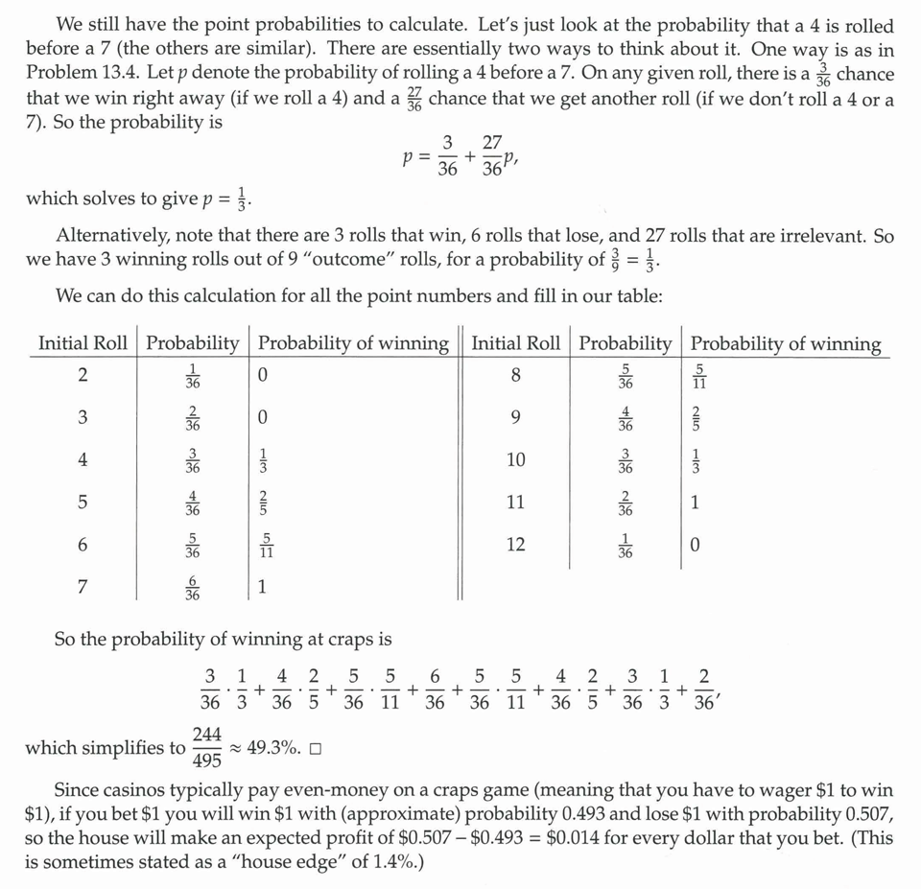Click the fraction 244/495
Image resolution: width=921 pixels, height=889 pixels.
(x=206, y=747)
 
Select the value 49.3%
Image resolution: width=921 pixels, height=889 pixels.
(x=273, y=748)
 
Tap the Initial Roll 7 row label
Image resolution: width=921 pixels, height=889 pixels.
(x=83, y=587)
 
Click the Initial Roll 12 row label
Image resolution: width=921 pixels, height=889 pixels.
(x=516, y=544)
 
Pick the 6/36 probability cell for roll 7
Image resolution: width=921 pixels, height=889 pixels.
(x=194, y=587)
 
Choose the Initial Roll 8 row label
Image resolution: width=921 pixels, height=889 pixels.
(x=516, y=375)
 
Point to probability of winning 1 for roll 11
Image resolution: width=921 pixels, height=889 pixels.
(x=695, y=502)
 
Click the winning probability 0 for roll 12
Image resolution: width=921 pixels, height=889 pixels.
(x=695, y=544)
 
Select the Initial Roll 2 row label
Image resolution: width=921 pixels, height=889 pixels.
(x=83, y=375)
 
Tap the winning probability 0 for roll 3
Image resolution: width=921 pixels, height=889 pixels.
(x=263, y=417)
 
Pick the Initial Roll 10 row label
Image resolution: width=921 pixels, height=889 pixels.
(x=516, y=459)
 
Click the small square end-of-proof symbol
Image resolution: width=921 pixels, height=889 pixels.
(x=315, y=749)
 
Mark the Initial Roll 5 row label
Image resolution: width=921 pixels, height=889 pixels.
(x=83, y=502)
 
